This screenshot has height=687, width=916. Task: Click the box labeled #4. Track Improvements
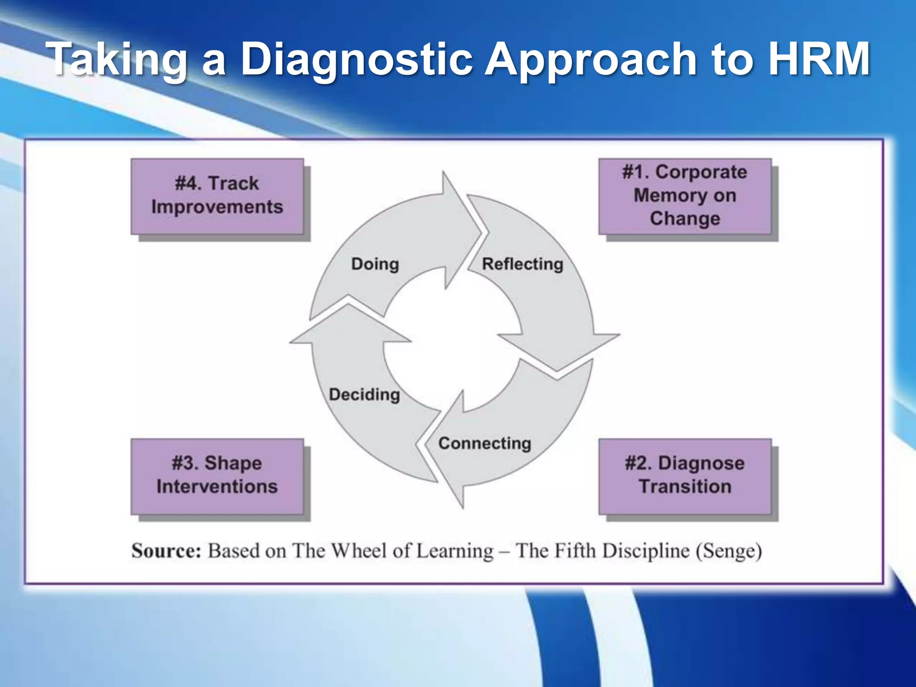click(x=217, y=196)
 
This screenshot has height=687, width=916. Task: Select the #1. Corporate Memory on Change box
click(x=685, y=196)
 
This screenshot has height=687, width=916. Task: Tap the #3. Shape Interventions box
click(x=217, y=476)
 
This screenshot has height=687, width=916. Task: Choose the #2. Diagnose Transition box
click(x=685, y=476)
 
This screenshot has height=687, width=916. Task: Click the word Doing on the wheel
click(x=375, y=264)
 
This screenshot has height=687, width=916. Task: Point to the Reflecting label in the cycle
click(x=522, y=264)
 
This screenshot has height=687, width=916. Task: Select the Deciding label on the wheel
click(x=365, y=394)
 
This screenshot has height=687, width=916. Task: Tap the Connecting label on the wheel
click(x=485, y=443)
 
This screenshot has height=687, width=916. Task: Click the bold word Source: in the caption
click(x=166, y=551)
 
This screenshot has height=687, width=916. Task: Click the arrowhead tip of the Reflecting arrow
click(x=557, y=369)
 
